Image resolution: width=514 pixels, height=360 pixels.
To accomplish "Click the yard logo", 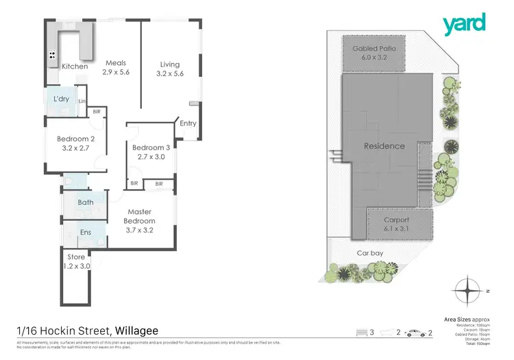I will click(464, 24).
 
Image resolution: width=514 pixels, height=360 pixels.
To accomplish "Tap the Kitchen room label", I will click(75, 67).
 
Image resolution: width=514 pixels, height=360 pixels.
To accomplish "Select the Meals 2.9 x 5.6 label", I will click(116, 67).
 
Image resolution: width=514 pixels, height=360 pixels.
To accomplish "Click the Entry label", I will click(188, 123).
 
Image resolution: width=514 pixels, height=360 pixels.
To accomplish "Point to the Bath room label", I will click(86, 202).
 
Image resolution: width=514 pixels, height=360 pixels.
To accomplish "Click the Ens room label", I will click(86, 232).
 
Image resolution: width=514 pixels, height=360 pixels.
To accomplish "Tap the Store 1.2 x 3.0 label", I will click(76, 261).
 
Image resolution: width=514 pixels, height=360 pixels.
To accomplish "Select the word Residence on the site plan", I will click(384, 146).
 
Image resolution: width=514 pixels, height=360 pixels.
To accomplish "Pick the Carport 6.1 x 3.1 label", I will click(397, 224).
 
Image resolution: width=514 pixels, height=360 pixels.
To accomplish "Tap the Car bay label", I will click(368, 253).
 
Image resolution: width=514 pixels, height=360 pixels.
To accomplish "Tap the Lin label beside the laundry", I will click(82, 102).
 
